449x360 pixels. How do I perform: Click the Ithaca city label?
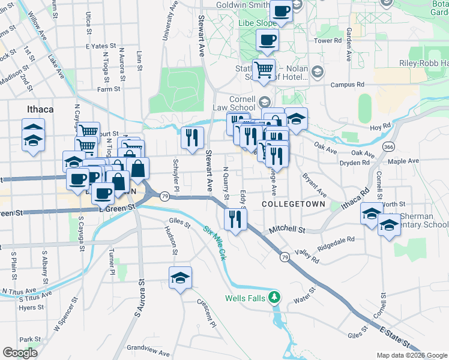point(41,109)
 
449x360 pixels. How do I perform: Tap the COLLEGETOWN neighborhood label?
point(294,205)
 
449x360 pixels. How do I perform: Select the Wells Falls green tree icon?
point(274,297)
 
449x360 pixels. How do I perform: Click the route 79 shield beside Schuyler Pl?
point(164,196)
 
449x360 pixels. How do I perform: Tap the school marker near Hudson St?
point(179,278)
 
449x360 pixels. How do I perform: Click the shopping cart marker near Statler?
point(263,70)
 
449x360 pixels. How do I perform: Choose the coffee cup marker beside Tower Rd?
point(267,40)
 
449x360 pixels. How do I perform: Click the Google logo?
point(20,353)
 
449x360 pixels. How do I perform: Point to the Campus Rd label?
point(347,85)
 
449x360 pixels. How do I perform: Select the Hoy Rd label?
point(381,127)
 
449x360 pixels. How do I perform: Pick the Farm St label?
point(109,89)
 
